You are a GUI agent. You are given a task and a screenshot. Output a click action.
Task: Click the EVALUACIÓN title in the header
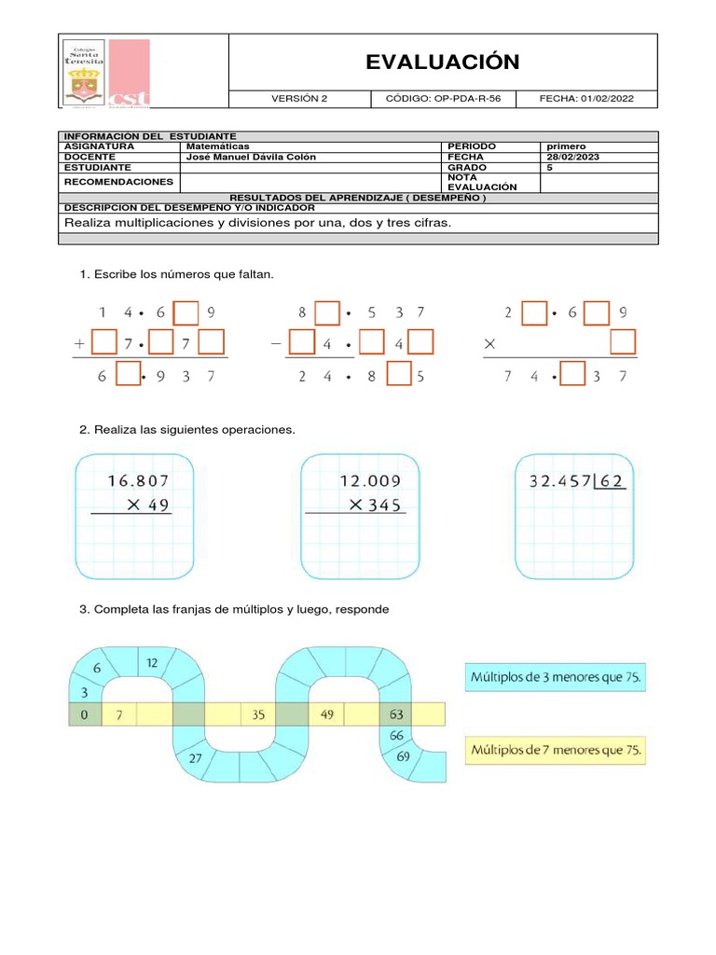(x=442, y=62)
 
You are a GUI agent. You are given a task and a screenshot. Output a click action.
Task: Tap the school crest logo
(x=84, y=73)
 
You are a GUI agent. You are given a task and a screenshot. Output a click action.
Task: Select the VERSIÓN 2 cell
(x=299, y=99)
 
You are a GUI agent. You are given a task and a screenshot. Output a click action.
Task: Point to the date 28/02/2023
(x=571, y=157)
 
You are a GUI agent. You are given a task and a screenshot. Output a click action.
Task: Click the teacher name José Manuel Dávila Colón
(x=251, y=157)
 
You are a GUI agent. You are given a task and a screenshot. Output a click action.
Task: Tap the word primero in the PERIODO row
(x=566, y=146)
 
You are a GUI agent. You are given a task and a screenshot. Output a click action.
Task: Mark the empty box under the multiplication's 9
(x=622, y=343)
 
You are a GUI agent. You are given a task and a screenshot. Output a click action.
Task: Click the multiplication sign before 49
(x=133, y=505)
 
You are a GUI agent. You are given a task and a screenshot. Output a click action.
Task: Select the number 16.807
(x=139, y=481)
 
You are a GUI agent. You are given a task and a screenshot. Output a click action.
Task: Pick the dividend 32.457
(x=560, y=481)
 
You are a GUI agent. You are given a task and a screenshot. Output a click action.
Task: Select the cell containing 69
(x=402, y=756)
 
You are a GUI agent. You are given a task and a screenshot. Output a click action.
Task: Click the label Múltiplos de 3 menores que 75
(x=556, y=677)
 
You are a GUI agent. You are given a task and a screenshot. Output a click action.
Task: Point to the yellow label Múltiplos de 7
(x=556, y=750)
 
